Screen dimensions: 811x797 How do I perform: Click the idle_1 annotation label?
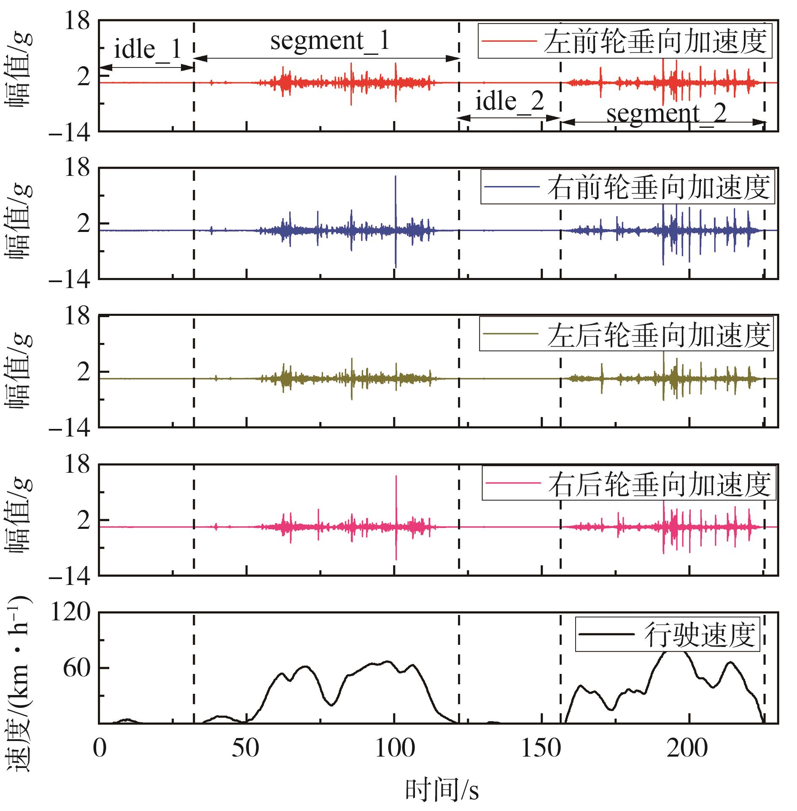point(147,49)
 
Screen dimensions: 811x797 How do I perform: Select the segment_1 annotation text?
point(329,41)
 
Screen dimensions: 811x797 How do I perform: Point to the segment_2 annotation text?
point(666,113)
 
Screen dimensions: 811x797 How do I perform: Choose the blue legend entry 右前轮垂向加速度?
point(627,187)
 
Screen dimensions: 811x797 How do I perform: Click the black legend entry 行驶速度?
point(667,635)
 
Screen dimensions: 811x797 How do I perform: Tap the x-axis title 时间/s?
point(442,790)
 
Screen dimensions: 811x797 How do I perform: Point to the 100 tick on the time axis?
point(395,749)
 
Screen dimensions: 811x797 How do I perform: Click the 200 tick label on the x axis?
point(687,749)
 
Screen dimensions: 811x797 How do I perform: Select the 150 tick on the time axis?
point(541,749)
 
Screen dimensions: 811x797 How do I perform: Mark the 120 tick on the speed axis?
point(70,612)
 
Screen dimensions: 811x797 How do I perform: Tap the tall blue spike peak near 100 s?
point(396,176)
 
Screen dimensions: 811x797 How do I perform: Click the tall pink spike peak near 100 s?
point(396,477)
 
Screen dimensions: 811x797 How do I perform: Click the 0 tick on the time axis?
point(100,749)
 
